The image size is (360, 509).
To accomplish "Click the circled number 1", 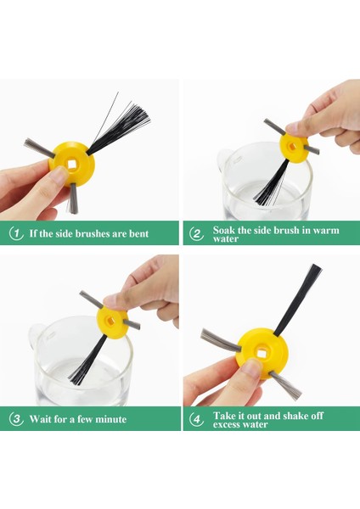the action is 15,233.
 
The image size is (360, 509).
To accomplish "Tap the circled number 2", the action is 196,234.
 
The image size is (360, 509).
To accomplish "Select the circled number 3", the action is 16,419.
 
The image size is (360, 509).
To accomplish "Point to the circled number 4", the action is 196,419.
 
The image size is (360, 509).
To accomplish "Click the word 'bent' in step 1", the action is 138,233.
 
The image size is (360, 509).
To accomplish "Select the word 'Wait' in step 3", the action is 41,419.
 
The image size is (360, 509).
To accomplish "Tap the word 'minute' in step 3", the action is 111,419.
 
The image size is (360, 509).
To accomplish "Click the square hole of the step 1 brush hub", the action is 72,165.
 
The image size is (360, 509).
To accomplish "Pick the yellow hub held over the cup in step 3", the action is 112,322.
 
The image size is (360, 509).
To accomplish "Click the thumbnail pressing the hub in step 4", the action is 251,367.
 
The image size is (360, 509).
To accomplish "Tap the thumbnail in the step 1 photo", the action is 59,176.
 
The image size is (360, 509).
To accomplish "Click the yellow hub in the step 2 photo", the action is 294,148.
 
